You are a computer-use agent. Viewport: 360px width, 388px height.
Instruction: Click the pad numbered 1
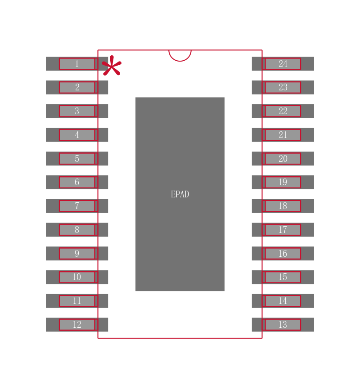pos(77,64)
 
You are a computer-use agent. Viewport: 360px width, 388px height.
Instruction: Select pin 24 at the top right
pos(283,64)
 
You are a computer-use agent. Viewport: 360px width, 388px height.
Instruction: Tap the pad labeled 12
pos(77,325)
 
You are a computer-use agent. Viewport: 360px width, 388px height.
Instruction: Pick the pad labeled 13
pos(283,325)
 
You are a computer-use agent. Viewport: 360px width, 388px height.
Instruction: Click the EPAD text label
pos(180,194)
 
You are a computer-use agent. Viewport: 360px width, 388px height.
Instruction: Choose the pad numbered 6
pos(77,182)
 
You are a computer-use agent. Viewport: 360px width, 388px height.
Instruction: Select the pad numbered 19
pos(283,182)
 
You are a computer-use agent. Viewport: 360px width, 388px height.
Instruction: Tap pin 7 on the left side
pos(77,206)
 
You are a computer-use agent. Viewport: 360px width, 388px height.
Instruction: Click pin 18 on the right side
pos(283,206)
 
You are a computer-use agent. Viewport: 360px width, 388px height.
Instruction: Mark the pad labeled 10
pos(77,277)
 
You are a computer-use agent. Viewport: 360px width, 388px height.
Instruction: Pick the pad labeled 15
pos(283,277)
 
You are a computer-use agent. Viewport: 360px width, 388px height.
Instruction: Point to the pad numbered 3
pos(77,111)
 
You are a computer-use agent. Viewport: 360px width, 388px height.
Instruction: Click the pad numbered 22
pos(283,111)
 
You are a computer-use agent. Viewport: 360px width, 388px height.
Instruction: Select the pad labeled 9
pos(77,254)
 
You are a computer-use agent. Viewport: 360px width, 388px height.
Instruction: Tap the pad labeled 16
pos(283,254)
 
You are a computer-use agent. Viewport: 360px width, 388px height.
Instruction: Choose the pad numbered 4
pos(77,135)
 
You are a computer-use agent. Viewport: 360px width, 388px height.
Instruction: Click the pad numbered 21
pos(283,135)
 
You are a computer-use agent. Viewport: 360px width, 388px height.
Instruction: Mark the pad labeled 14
pos(283,301)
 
